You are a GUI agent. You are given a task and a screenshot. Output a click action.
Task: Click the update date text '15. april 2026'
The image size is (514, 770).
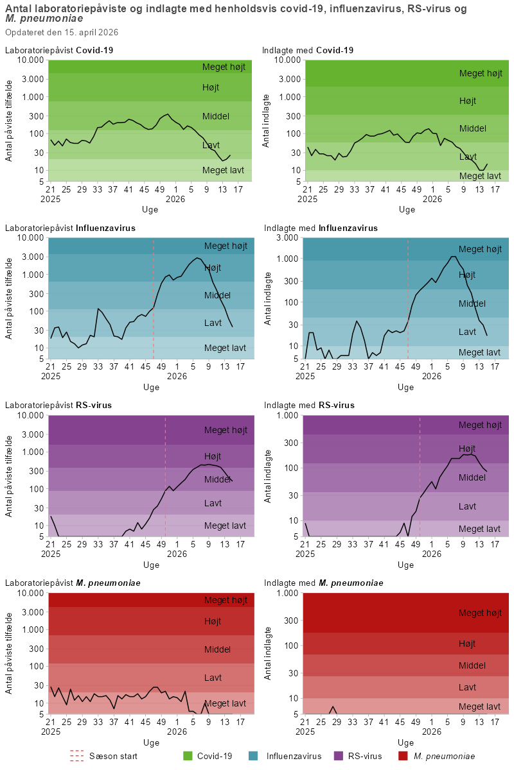click(89, 32)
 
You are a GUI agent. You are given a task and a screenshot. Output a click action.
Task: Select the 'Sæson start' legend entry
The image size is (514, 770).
click(112, 756)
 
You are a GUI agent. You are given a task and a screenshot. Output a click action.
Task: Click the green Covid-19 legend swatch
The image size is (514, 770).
click(188, 756)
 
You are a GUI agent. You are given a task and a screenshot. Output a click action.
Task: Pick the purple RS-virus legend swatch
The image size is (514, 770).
click(339, 756)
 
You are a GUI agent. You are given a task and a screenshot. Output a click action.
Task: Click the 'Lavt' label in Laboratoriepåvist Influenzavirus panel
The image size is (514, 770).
click(213, 322)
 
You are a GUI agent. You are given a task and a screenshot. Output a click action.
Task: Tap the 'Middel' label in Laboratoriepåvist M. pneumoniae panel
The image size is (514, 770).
click(217, 649)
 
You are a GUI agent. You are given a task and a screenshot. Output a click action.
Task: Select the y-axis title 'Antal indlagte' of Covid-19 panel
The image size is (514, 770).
click(267, 119)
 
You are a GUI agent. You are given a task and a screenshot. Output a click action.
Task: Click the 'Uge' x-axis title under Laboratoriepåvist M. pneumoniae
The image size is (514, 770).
click(151, 742)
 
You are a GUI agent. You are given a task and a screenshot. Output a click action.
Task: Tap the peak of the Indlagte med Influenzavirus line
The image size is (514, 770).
click(453, 257)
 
